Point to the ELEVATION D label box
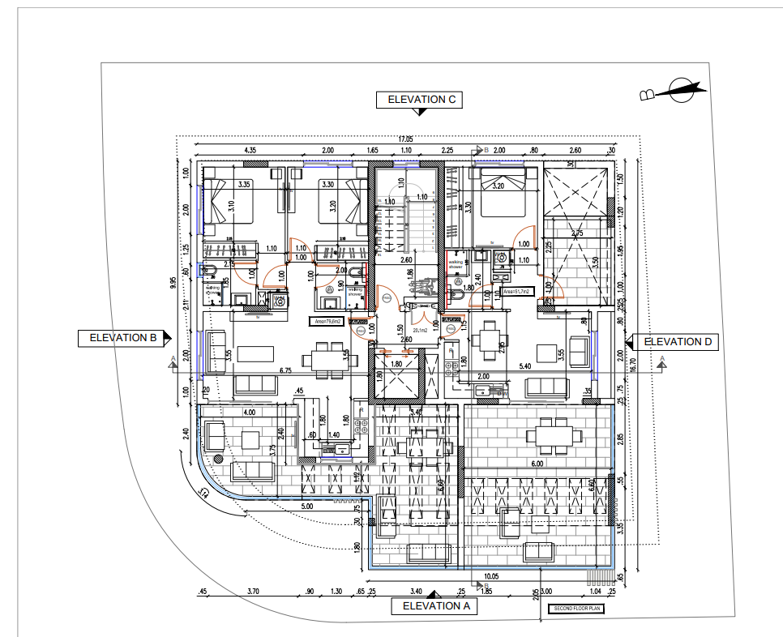coord(677,342)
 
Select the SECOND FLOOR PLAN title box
coord(576,608)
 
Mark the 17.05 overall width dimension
coord(404,139)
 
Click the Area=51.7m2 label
coord(516,291)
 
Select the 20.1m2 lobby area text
coord(421,331)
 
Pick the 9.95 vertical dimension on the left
coord(173,283)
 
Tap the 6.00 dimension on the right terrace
coord(537,464)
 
